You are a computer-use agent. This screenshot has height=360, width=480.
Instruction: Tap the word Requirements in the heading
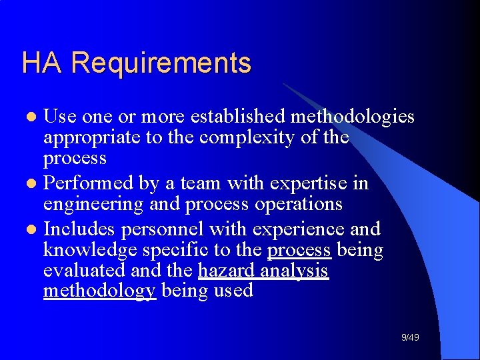pos(161,64)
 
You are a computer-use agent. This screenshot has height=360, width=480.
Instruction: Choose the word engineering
pos(91,204)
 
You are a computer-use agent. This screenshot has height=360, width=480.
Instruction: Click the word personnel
pos(161,229)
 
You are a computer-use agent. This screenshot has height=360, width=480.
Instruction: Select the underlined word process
pos(299,251)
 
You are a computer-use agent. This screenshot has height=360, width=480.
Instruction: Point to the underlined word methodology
pos(99,291)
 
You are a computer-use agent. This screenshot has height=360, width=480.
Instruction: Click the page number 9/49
pos(410,338)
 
